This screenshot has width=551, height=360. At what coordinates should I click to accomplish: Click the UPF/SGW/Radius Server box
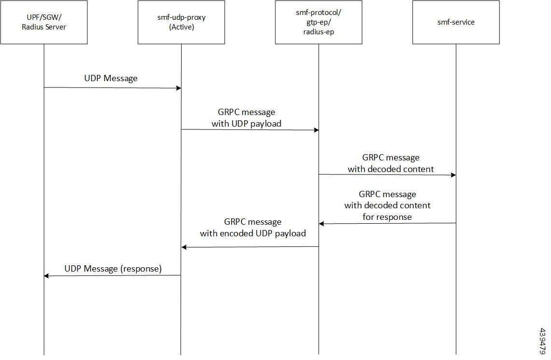point(44,22)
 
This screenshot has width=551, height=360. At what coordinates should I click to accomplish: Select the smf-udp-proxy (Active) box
point(181,22)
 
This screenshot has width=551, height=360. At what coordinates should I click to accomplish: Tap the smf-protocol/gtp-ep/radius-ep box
point(319,22)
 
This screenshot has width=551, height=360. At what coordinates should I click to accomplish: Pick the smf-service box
point(456,22)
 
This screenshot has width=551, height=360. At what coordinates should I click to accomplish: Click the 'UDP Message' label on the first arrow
point(111,78)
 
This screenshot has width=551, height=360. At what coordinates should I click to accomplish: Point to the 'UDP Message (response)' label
point(113,268)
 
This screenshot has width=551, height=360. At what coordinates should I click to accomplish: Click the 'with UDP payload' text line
point(246,123)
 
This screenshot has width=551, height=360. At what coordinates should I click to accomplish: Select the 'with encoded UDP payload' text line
point(253,233)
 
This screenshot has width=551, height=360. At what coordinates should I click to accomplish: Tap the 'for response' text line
point(387,217)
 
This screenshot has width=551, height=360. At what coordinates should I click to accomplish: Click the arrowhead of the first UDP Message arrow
point(178,88)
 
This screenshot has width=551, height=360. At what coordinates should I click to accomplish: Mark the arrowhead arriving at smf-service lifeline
point(453,175)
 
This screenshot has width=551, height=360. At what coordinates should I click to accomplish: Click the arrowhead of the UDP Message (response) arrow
point(47,276)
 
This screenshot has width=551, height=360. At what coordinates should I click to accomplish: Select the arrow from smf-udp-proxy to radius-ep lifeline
point(250,130)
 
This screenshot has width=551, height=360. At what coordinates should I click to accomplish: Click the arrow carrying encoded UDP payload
point(250,247)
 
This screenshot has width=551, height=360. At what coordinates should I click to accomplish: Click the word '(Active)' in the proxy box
point(181,27)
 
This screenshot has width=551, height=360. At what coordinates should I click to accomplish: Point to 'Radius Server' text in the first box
point(44,27)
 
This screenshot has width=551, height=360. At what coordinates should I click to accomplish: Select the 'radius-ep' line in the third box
point(319,32)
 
